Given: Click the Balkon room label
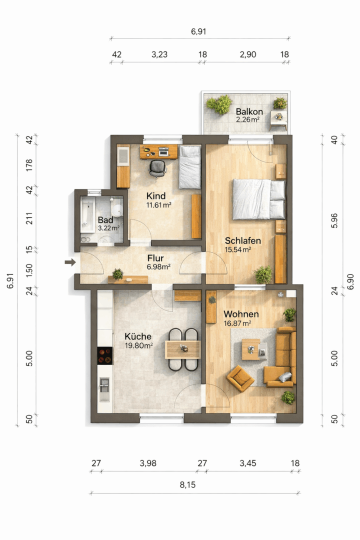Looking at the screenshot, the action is pyautogui.click(x=249, y=111).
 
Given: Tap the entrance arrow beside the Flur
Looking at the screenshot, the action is pyautogui.click(x=70, y=262).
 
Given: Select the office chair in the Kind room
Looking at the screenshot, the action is pyautogui.click(x=157, y=168).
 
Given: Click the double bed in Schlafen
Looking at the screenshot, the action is pyautogui.click(x=259, y=199).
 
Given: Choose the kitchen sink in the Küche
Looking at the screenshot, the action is pyautogui.click(x=104, y=389).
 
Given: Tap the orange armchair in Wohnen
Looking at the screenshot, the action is pyautogui.click(x=240, y=378).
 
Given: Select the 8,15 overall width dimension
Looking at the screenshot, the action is pyautogui.click(x=188, y=485).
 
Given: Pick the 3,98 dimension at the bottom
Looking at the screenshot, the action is pyautogui.click(x=148, y=463).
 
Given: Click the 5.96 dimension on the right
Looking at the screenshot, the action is pyautogui.click(x=334, y=220).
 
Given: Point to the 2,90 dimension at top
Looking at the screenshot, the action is pyautogui.click(x=248, y=54).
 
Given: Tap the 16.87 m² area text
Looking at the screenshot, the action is pyautogui.click(x=237, y=323).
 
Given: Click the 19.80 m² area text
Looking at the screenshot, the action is pyautogui.click(x=139, y=345).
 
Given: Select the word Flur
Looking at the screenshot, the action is pyautogui.click(x=155, y=258).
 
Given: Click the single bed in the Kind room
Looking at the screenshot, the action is pyautogui.click(x=190, y=167).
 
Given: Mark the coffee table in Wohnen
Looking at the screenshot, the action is pyautogui.click(x=251, y=349).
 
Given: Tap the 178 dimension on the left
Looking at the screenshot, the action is pyautogui.click(x=29, y=165).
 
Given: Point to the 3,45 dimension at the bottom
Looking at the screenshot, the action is pyautogui.click(x=248, y=463).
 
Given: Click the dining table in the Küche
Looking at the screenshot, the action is pyautogui.click(x=182, y=349).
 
